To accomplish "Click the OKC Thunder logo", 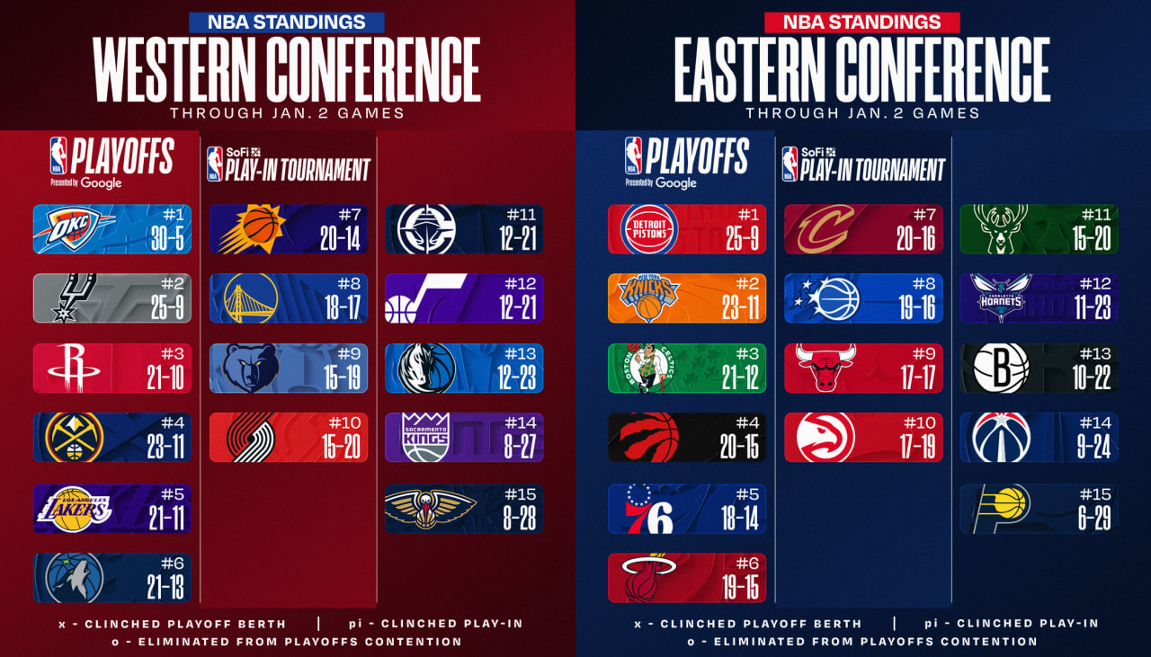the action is click(74, 229).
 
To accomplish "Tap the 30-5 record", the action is click(167, 238).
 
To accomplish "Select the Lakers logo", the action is click(74, 509).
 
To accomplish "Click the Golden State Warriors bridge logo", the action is click(251, 297).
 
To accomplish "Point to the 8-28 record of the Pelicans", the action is click(520, 518).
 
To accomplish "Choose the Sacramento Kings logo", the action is click(426, 437).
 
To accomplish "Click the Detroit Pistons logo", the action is click(649, 229).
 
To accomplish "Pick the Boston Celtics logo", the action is click(647, 368).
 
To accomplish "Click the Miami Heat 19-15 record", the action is click(740, 588).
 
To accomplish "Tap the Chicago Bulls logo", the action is click(825, 368).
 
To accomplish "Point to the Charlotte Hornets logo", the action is click(1001, 297).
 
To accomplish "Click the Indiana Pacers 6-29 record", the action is click(1094, 518).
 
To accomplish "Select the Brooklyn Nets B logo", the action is click(1001, 368).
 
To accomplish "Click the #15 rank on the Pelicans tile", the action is click(521, 494).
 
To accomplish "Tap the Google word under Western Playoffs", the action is click(102, 182).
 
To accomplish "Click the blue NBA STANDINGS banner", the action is click(287, 22).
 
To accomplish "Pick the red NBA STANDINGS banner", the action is click(862, 22).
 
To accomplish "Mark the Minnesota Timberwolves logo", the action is click(74, 578).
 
